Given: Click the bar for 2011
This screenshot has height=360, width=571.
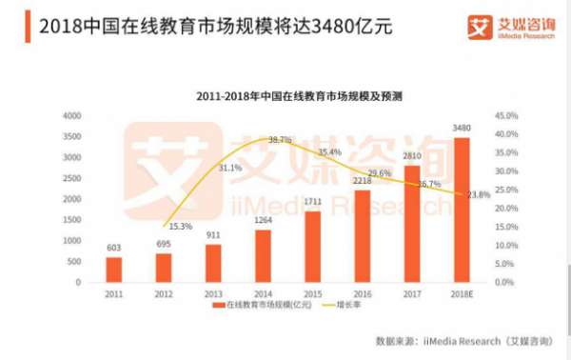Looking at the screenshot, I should pyautogui.click(x=113, y=270).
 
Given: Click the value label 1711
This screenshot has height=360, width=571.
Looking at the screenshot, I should pyautogui.click(x=311, y=202).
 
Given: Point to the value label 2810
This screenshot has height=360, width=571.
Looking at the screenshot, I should pyautogui.click(x=411, y=155).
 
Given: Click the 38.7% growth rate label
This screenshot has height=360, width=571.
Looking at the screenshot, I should pyautogui.click(x=280, y=140).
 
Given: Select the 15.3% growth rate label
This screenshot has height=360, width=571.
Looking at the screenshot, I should pyautogui.click(x=180, y=227).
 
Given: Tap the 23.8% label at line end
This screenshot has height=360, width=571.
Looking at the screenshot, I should pyautogui.click(x=478, y=195).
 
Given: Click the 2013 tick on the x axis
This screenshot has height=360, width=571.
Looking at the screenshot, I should pyautogui.click(x=212, y=294).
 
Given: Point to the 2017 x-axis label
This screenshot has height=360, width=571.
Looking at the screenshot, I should pyautogui.click(x=411, y=294).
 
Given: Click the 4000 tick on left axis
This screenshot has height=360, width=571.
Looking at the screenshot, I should pyautogui.click(x=71, y=115).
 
